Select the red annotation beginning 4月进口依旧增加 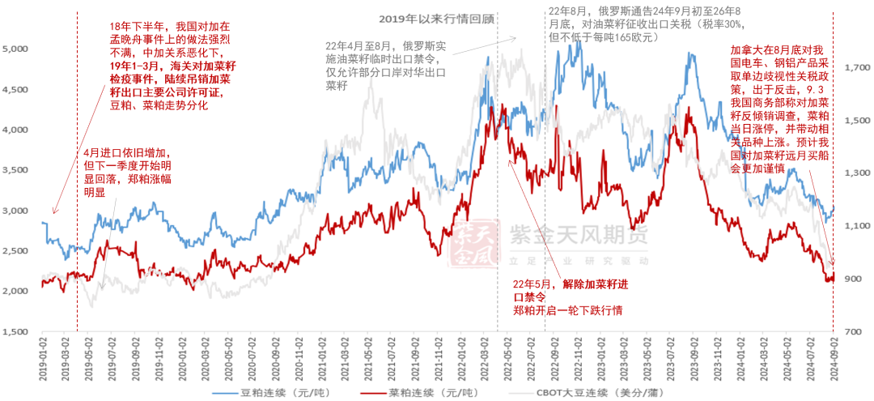coord(127,173)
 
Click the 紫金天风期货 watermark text coord(578,236)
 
